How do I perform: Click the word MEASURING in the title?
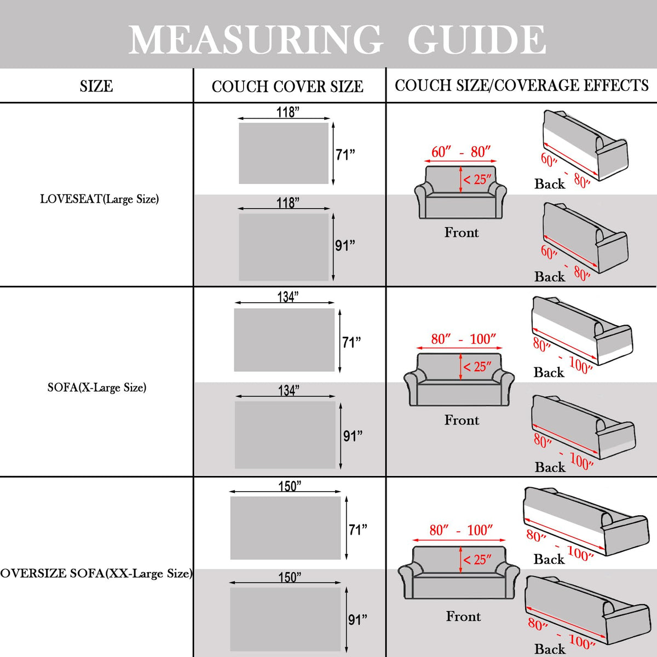pyautogui.click(x=255, y=39)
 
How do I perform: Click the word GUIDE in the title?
pyautogui.click(x=476, y=39)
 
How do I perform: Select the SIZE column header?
pyautogui.click(x=96, y=86)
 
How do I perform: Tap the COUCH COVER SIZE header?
pyautogui.click(x=287, y=87)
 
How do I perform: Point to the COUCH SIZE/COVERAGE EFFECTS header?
pyautogui.click(x=521, y=85)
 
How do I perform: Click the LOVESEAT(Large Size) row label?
pyautogui.click(x=100, y=199)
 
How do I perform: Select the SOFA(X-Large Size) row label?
pyautogui.click(x=97, y=388)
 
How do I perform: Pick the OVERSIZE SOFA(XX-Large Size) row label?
pyautogui.click(x=96, y=573)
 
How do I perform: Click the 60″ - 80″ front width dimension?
pyautogui.click(x=460, y=152)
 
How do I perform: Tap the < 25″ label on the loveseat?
pyautogui.click(x=477, y=179)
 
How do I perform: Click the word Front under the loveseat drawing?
pyautogui.click(x=462, y=233)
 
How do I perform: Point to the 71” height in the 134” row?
pyautogui.click(x=351, y=342)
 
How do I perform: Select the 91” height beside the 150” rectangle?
pyautogui.click(x=358, y=619)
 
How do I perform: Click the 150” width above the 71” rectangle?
pyautogui.click(x=290, y=486)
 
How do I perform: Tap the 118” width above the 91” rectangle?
pyautogui.click(x=287, y=203)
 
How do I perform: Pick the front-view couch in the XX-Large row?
pyautogui.click(x=459, y=573)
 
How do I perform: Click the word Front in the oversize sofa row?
pyautogui.click(x=463, y=616)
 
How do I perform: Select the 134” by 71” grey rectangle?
pyautogui.click(x=284, y=340)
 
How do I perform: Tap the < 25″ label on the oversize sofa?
pyautogui.click(x=477, y=560)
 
